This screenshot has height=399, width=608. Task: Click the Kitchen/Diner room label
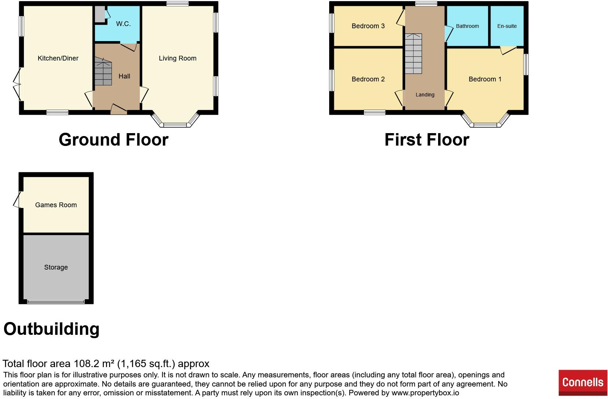click(58, 58)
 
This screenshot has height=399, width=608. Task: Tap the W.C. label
click(123, 24)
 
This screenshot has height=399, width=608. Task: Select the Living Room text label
click(178, 58)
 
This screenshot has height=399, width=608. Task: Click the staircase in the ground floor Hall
click(103, 73)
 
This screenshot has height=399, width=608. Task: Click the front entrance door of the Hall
click(119, 109)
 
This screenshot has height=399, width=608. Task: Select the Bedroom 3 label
click(368, 26)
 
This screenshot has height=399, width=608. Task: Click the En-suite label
click(507, 26)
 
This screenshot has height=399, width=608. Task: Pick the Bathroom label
click(467, 26)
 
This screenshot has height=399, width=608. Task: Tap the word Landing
click(425, 95)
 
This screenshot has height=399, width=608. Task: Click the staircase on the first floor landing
click(414, 54)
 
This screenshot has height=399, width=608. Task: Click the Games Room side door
click(17, 199)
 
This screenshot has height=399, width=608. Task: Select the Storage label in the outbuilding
click(56, 267)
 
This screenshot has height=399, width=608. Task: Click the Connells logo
click(583, 382)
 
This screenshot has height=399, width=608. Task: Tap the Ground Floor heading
click(113, 140)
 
